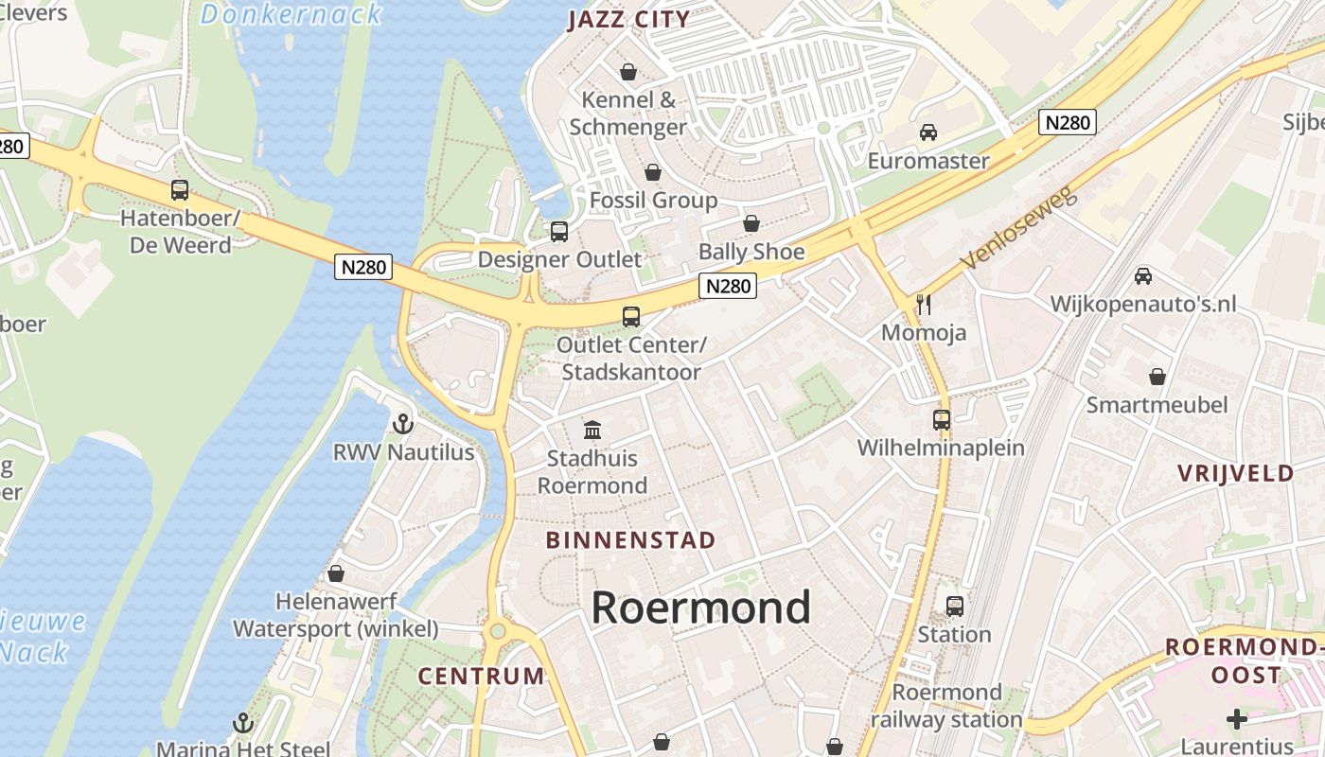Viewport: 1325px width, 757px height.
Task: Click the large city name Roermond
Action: (x=700, y=607)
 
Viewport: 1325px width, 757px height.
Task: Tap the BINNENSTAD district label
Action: (x=631, y=540)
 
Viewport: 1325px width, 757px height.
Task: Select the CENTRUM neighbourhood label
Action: (x=482, y=676)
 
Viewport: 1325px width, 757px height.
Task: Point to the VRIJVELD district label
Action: (x=1236, y=473)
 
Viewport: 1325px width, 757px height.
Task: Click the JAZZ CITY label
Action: (x=628, y=20)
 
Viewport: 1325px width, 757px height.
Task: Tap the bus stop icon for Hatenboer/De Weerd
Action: (x=180, y=189)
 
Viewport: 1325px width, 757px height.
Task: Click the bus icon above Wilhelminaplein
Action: (x=941, y=419)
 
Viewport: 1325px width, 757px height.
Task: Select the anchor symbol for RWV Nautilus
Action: (x=403, y=424)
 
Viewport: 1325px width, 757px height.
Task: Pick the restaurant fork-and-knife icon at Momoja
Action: (x=924, y=305)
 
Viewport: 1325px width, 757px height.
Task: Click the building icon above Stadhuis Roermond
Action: (x=592, y=431)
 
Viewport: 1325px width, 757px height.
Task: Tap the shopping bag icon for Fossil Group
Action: (x=652, y=172)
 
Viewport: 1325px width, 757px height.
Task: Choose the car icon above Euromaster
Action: (x=928, y=132)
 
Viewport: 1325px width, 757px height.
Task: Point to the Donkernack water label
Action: (x=291, y=14)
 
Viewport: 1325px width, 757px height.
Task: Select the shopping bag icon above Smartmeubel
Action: (x=1157, y=377)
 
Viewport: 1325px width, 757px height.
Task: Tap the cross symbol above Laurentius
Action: (x=1236, y=719)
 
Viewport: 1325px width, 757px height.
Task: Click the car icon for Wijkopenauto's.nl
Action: (x=1143, y=276)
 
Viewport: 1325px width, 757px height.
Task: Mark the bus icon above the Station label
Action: (x=954, y=606)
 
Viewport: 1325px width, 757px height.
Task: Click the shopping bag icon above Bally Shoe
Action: (x=751, y=223)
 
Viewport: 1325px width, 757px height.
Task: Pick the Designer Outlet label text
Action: (x=559, y=258)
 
